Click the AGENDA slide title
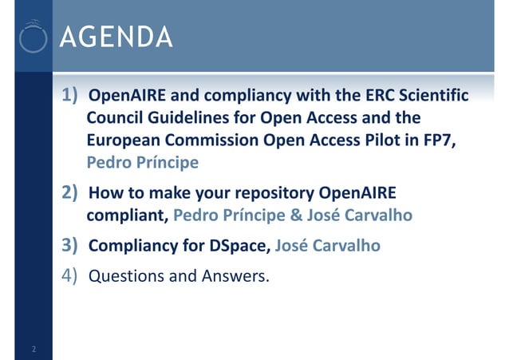pos(116,38)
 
